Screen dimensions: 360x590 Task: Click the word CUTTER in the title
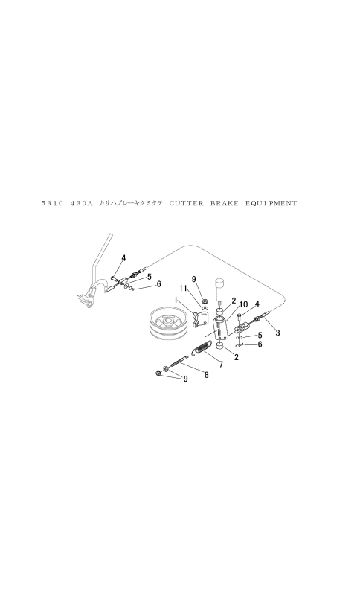[186, 203]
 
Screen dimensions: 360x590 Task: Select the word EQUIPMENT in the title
[271, 203]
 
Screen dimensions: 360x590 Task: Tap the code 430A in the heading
[82, 203]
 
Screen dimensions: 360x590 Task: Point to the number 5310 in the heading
[51, 203]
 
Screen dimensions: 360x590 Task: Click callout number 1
[176, 300]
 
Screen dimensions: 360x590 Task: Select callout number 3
[277, 333]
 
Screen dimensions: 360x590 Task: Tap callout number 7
[221, 365]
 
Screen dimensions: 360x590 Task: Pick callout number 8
[206, 375]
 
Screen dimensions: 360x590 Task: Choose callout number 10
[242, 304]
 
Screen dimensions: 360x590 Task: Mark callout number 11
[183, 288]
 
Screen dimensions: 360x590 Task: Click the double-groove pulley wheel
[166, 324]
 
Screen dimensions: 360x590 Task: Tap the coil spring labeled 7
[202, 347]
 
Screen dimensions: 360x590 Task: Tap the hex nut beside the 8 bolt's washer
[158, 373]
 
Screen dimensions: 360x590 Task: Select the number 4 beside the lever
[123, 258]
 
